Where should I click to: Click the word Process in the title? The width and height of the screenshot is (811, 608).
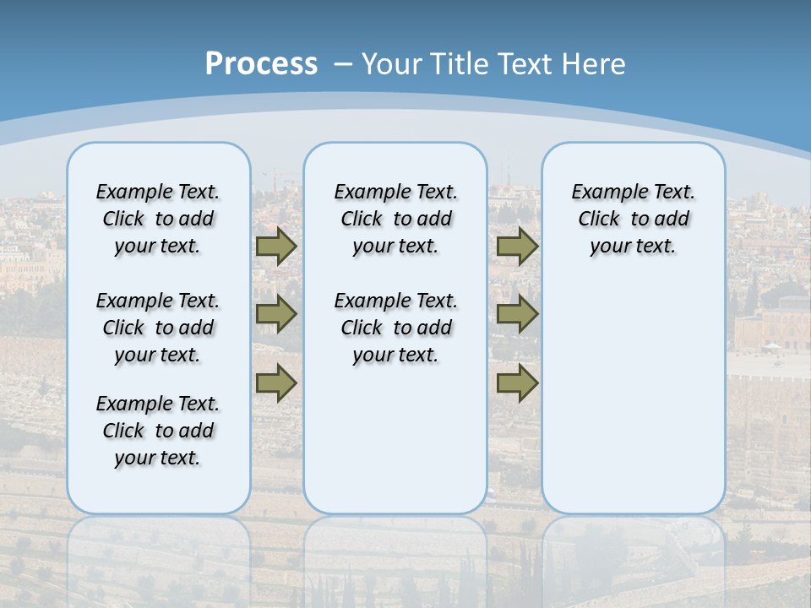point(261,64)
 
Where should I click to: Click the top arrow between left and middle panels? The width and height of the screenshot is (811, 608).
point(276,247)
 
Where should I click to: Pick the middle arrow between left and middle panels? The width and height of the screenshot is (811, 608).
point(276,314)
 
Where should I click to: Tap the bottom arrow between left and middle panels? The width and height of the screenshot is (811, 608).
point(276,383)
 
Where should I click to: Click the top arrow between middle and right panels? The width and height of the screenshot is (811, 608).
point(517,247)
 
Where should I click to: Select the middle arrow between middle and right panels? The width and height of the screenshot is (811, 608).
point(517,314)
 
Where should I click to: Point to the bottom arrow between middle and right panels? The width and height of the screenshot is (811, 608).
point(517,383)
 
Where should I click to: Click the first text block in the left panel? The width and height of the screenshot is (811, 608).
point(158,219)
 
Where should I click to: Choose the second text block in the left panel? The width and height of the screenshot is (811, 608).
point(158,328)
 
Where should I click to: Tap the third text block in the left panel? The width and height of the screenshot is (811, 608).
point(158,431)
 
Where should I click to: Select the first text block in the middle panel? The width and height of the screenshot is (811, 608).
point(396,219)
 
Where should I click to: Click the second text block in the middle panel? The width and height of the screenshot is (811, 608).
point(396,328)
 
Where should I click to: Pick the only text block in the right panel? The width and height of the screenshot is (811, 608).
point(634,219)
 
